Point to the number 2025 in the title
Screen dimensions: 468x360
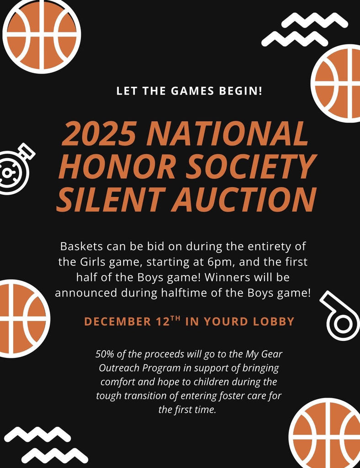pos(99,134)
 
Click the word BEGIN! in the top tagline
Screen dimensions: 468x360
pos(240,91)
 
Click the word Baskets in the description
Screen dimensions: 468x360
pos(82,246)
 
